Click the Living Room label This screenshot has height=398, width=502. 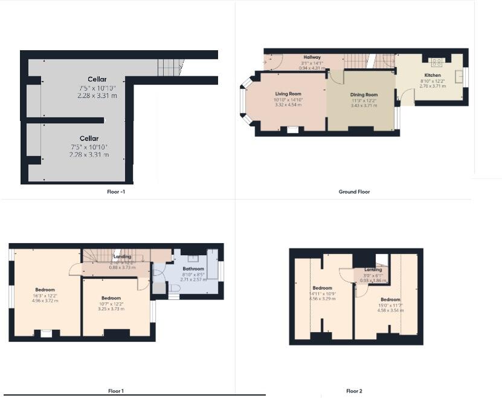pyautogui.click(x=288, y=94)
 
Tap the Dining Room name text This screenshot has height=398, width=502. pyautogui.click(x=364, y=95)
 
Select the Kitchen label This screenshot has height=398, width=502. pyautogui.click(x=433, y=76)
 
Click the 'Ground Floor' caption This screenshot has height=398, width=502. pyautogui.click(x=354, y=192)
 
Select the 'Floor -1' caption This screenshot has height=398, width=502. pyautogui.click(x=115, y=192)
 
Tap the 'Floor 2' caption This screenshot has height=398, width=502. pyautogui.click(x=355, y=391)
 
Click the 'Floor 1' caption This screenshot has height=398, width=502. pyautogui.click(x=115, y=391)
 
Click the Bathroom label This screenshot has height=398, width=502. pyautogui.click(x=194, y=269)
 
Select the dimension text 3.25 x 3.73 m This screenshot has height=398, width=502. pyautogui.click(x=111, y=308)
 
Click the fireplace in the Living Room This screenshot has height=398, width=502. pyautogui.click(x=292, y=128)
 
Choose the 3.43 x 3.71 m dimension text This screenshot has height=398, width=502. pyautogui.click(x=364, y=105)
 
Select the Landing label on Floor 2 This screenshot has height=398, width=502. pyautogui.click(x=373, y=270)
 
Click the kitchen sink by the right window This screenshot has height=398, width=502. pyautogui.click(x=460, y=76)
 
